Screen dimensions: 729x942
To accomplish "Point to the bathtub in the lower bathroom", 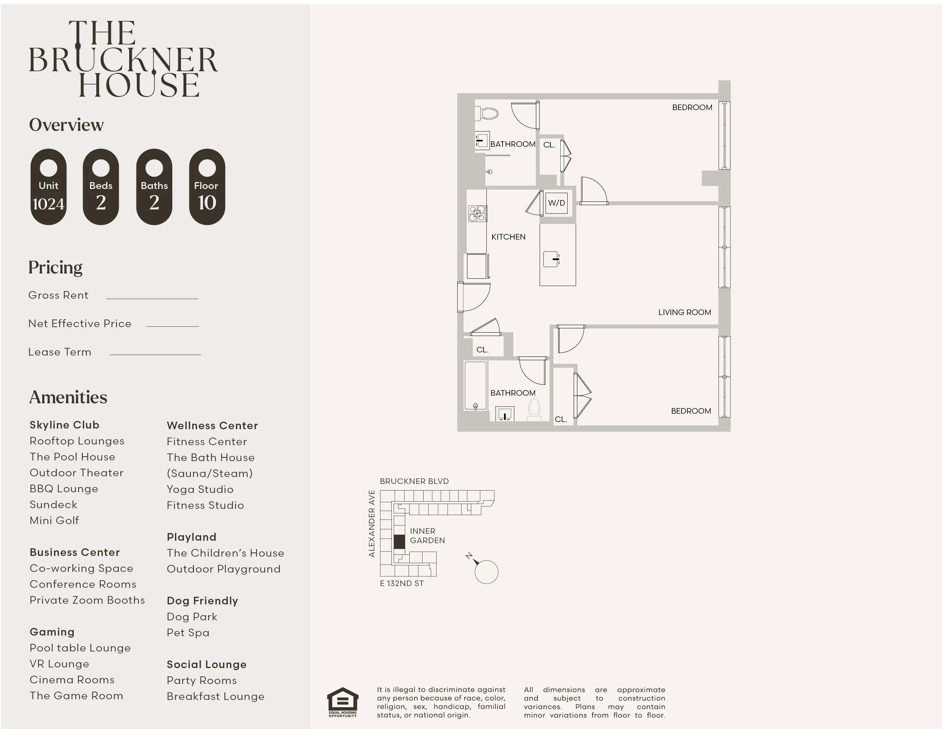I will (475, 385).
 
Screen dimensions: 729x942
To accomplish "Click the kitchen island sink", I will (552, 259).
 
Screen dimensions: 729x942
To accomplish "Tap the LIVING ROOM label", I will (684, 312).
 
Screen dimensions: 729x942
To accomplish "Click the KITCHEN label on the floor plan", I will (508, 237).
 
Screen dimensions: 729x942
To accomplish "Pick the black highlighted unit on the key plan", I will (399, 541).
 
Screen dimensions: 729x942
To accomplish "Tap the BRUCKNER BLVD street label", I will (414, 481).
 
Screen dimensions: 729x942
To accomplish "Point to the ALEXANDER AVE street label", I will (371, 523).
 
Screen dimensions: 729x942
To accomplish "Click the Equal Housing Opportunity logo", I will (343, 701).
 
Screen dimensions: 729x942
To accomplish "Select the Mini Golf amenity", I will (54, 520).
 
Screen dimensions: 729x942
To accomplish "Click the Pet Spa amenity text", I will (188, 632).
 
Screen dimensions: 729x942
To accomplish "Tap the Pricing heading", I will (55, 267).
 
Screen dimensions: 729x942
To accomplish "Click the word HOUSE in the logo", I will (139, 85).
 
